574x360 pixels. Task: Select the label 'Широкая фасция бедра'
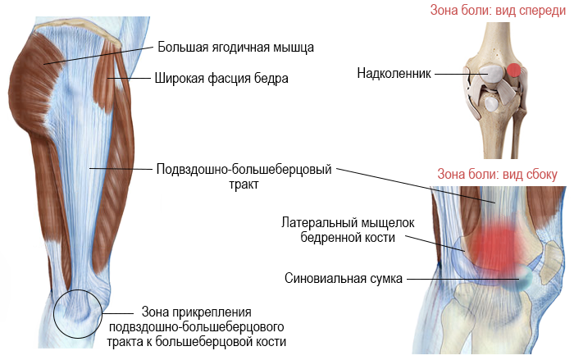tap(221, 79)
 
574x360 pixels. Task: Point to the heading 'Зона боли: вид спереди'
tap(491, 11)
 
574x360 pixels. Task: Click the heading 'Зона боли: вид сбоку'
tap(497, 174)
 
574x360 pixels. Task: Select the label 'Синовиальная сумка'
tap(344, 278)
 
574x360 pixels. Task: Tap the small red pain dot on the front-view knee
tap(513, 71)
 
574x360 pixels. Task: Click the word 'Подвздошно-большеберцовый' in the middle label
tap(244, 171)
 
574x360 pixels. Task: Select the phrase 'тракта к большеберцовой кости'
tap(205, 341)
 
